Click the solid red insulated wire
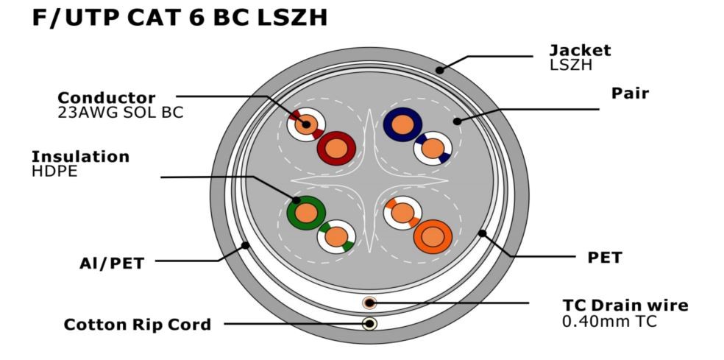336,148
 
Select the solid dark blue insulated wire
402,126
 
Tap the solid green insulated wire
305,213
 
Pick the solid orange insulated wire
432,237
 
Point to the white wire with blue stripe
433,149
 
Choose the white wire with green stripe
336,237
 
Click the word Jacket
580,50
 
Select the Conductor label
107,98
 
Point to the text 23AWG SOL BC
120,113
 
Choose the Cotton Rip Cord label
138,324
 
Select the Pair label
630,94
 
